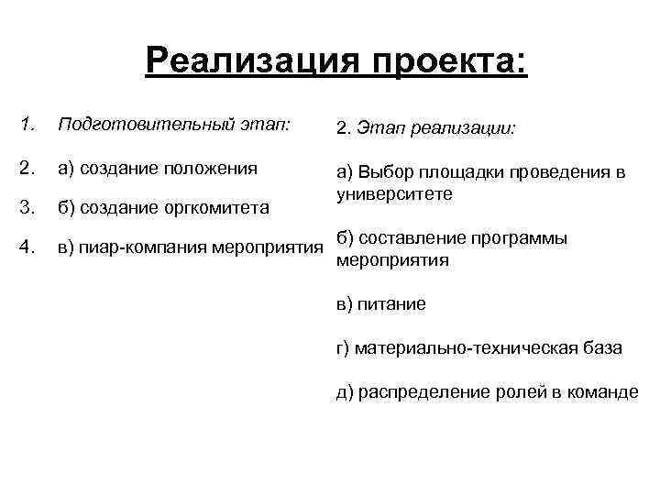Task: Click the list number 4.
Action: tap(27, 247)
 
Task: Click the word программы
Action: tap(522, 239)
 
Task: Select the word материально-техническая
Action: tap(470, 348)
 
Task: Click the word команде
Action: tap(602, 392)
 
